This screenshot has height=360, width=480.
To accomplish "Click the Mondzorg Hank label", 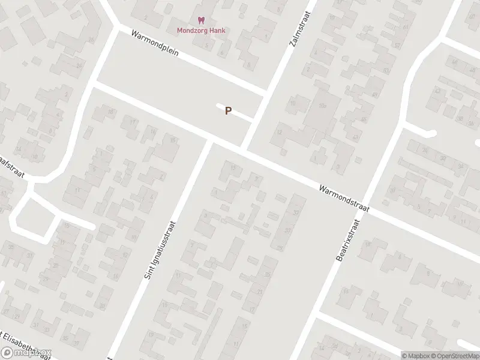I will [201, 31].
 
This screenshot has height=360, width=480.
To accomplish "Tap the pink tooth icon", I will [201, 20].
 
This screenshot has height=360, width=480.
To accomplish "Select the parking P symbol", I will [228, 111].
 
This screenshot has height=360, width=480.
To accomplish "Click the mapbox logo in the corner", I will [26, 353].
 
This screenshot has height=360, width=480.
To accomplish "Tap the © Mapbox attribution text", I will [414, 355].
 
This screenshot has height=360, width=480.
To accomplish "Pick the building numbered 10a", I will [322, 106].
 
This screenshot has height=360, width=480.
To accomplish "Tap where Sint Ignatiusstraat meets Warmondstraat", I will [209, 141].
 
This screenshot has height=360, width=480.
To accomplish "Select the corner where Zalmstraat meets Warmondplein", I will [267, 95].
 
